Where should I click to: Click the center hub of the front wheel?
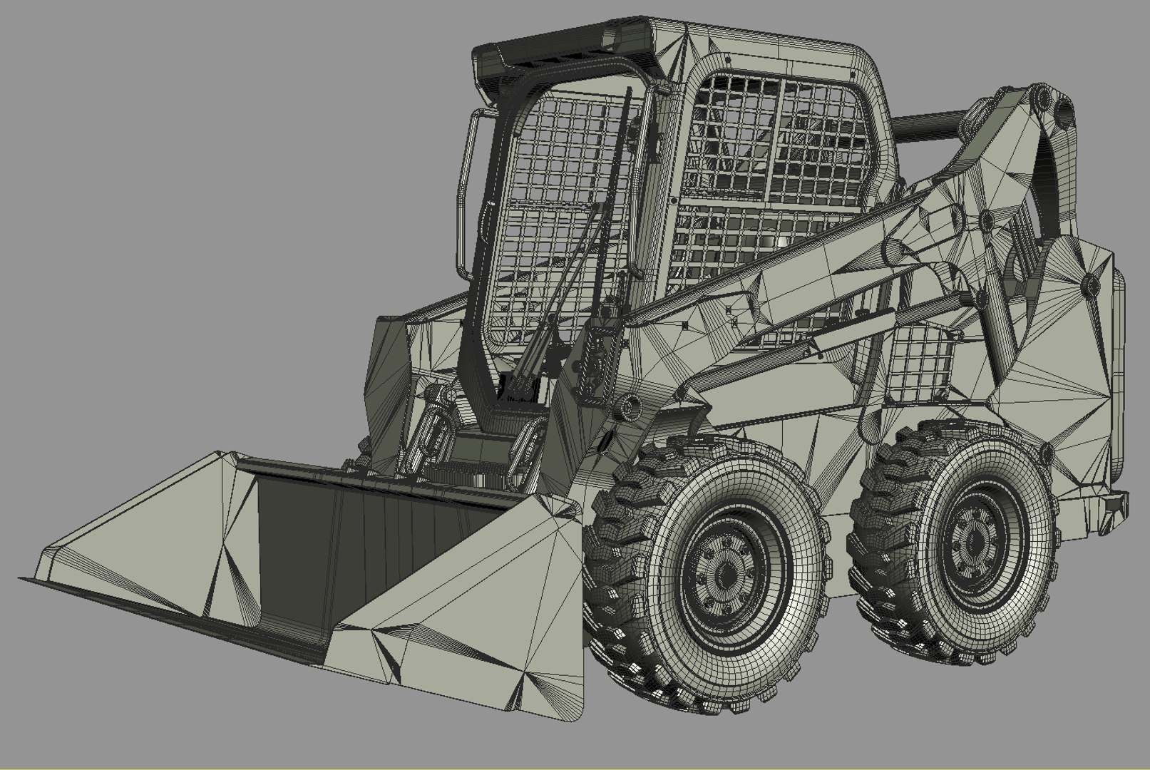tap(727, 575)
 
